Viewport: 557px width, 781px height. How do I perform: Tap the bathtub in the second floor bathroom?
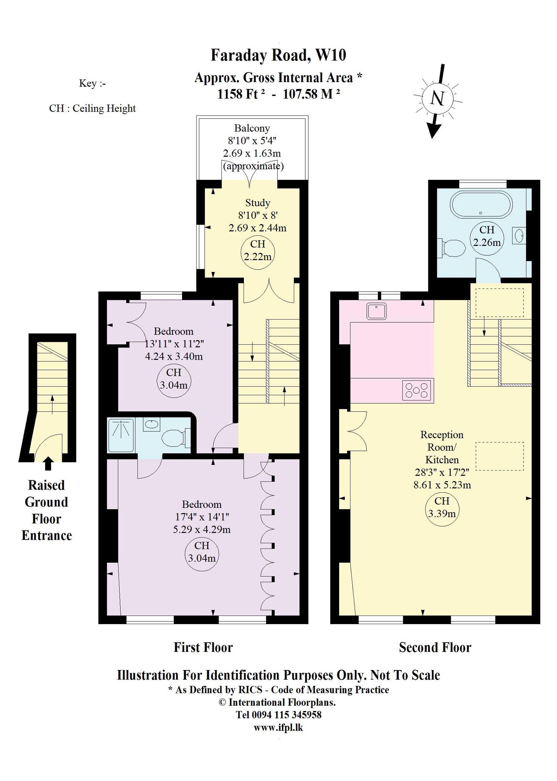coord(482,204)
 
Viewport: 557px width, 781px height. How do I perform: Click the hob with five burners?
coord(417,390)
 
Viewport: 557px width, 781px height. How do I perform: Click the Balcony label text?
coord(252,128)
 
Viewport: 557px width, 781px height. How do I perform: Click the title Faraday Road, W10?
coord(278,55)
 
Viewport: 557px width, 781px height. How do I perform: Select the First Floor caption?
coord(203,647)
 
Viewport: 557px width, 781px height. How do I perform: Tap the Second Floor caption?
coord(435,647)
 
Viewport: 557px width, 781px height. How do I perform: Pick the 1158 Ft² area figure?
coord(241,94)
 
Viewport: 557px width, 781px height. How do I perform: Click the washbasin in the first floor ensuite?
coord(152,424)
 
